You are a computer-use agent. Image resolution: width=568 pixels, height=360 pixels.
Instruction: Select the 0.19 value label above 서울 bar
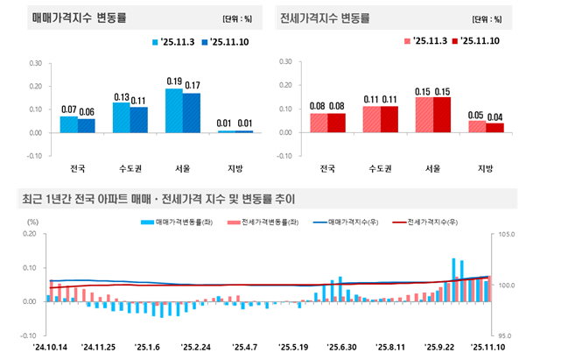[174, 81]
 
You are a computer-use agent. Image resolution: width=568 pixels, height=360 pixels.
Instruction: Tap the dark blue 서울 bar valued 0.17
[192, 113]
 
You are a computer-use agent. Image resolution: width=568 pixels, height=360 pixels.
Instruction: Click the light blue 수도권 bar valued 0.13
[122, 117]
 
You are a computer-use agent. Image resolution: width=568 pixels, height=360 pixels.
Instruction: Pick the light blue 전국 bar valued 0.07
[68, 124]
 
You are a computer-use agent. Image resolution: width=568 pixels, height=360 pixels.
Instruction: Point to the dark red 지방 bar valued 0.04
[494, 128]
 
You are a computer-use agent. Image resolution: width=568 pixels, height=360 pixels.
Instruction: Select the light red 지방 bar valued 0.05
[477, 127]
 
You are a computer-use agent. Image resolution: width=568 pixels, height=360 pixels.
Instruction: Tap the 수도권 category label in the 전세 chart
[380, 169]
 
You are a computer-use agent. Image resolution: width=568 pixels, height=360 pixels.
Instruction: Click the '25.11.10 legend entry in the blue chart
[223, 42]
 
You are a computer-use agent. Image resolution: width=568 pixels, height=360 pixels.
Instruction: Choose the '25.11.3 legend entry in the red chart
[424, 41]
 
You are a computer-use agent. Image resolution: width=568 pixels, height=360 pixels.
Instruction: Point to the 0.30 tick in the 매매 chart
[35, 63]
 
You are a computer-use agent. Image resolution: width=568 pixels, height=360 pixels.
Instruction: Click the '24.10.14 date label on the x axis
[50, 347]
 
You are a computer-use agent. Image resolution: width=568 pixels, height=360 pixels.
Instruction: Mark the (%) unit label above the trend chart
[32, 222]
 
